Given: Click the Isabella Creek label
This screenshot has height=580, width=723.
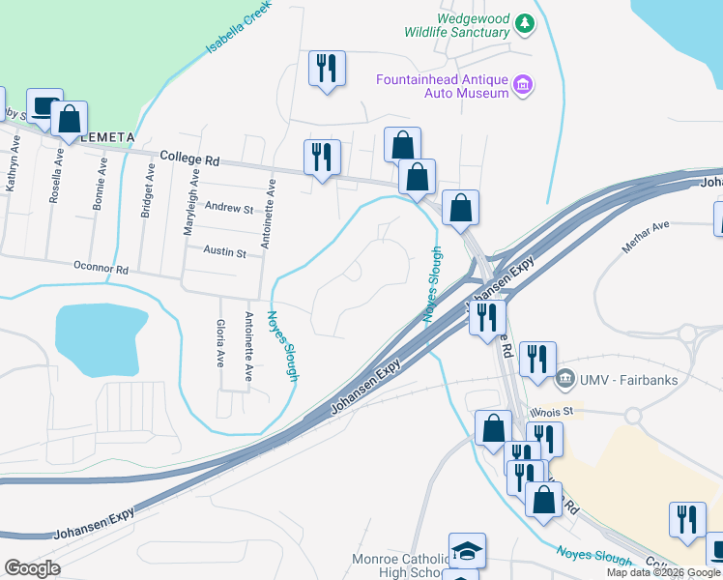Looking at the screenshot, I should pos(236,30).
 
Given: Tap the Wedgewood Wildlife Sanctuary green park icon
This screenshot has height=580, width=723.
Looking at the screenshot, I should pos(525,23).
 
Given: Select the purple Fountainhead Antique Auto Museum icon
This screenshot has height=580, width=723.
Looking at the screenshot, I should pos(523,86).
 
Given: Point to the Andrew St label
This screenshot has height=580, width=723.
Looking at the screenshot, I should pos(228,208).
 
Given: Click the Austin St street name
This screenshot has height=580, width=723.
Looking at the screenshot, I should pos(225,252).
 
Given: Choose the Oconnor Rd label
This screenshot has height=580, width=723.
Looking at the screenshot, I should pos(101,268).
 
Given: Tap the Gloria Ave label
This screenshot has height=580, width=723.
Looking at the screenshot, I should pos(220,343).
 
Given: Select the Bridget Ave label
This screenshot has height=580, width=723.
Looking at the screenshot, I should pos(149,190).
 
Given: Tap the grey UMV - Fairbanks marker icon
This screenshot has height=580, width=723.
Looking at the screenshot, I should pos(565,377).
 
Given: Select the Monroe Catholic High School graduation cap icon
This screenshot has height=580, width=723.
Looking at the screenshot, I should pos(467,551).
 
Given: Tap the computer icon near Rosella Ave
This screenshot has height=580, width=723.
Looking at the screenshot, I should pos(43,106).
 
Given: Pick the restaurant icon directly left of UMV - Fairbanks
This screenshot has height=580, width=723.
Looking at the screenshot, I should pos(536,358).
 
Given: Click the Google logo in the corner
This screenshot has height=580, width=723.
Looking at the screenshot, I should pos(32,567).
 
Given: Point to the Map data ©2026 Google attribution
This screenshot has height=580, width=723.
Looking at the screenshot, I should pos(663,572).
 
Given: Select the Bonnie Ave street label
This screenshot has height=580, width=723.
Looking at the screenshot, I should pos(101,180).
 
